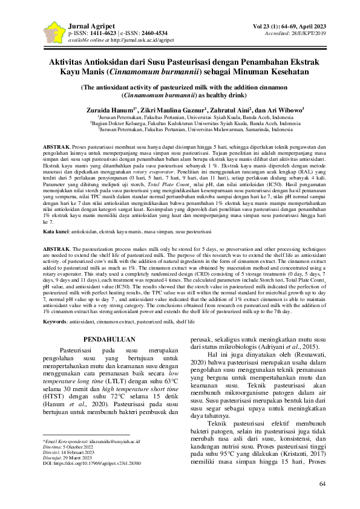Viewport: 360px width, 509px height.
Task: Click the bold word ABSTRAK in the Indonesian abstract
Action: pyautogui.click(x=56, y=148)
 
